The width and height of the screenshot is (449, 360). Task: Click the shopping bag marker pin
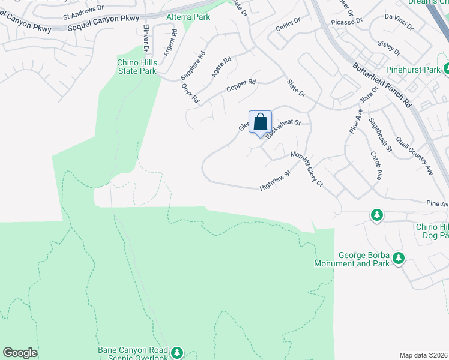point(260,122)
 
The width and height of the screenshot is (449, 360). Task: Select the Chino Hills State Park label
point(137,67)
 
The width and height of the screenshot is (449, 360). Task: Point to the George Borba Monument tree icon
point(397,259)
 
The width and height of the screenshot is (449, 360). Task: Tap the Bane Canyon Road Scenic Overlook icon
point(176,352)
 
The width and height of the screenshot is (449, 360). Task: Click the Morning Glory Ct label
point(307,169)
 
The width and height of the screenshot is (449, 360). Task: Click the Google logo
point(20,353)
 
